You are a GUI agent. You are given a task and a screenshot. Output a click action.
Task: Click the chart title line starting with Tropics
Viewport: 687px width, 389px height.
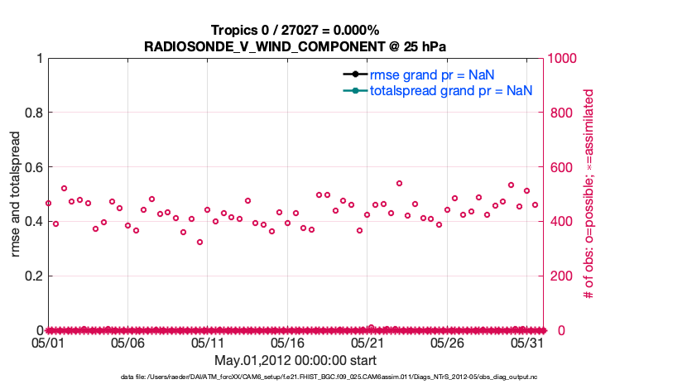pyautogui.click(x=295, y=31)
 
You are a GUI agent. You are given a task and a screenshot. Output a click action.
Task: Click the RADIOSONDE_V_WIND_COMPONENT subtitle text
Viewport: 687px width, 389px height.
pyautogui.click(x=295, y=46)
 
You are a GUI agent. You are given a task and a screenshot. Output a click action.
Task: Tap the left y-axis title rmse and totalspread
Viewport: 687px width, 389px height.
pyautogui.click(x=17, y=194)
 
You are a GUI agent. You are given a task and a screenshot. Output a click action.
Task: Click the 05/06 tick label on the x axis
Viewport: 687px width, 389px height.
pyautogui.click(x=127, y=342)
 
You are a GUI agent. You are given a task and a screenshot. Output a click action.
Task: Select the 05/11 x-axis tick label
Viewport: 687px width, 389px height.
pyautogui.click(x=208, y=342)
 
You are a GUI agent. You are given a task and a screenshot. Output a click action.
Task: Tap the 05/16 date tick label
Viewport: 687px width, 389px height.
pyautogui.click(x=287, y=342)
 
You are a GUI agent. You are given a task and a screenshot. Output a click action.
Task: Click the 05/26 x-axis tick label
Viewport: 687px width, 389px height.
pyautogui.click(x=447, y=342)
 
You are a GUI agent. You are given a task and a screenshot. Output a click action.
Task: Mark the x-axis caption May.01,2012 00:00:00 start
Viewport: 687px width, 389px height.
pyautogui.click(x=295, y=360)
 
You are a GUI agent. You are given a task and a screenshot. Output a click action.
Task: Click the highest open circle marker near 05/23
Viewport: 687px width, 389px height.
pyautogui.click(x=399, y=183)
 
